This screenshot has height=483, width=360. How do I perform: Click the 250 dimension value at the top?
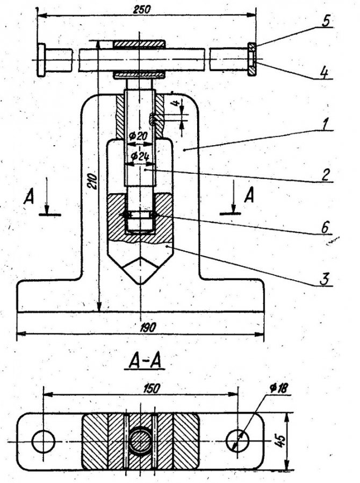(x=142, y=9)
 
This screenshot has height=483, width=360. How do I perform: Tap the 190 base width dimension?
(x=148, y=328)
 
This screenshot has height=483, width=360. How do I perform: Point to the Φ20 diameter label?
(x=139, y=136)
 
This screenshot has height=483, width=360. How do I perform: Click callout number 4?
(x=324, y=73)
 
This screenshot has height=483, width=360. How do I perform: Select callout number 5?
(x=326, y=22)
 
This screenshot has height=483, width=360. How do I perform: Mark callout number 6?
(x=325, y=228)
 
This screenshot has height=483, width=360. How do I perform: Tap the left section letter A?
(x=29, y=197)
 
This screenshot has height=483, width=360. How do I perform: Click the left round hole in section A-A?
(x=44, y=442)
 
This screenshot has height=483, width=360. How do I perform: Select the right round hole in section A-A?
(x=237, y=441)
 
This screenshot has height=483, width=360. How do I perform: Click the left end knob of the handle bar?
(x=41, y=60)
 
